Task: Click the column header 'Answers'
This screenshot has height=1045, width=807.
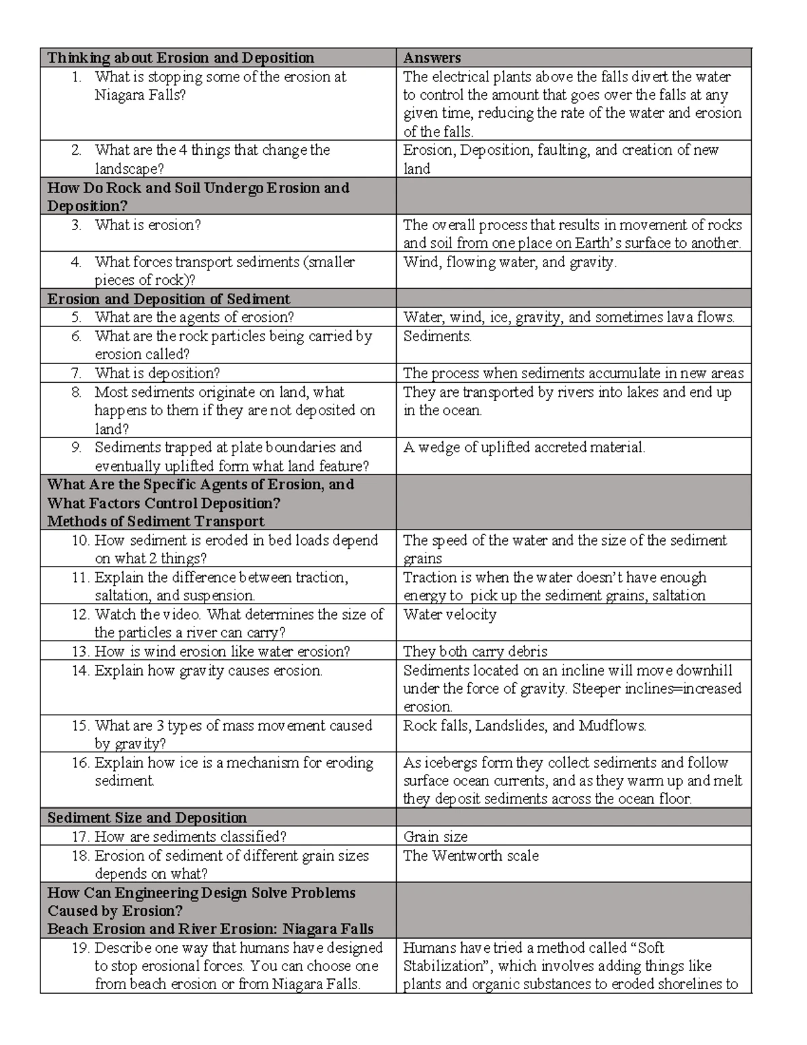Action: (x=432, y=58)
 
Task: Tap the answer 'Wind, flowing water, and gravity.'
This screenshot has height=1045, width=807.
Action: (x=509, y=262)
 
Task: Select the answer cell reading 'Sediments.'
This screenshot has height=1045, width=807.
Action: (x=437, y=336)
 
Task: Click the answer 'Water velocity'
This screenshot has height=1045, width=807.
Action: (x=449, y=614)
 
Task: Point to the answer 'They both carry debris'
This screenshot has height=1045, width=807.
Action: (x=475, y=651)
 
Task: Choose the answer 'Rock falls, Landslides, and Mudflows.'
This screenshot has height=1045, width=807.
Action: (x=525, y=725)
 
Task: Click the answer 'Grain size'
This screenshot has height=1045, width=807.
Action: (x=435, y=836)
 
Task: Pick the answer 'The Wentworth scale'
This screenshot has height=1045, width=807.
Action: (x=471, y=855)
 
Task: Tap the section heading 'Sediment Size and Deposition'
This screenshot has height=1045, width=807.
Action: (x=147, y=818)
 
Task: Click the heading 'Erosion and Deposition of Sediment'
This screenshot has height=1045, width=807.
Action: (x=169, y=299)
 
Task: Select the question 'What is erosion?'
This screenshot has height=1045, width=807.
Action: (x=148, y=225)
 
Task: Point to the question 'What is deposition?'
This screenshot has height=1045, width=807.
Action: (x=157, y=373)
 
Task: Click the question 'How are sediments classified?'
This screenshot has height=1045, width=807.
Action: (x=190, y=836)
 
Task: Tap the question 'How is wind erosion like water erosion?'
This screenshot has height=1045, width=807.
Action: (x=222, y=651)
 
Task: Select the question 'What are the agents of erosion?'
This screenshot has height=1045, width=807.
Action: (x=194, y=317)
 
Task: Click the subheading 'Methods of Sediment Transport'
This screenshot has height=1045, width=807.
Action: (x=156, y=521)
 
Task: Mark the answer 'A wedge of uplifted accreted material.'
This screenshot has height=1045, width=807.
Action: (x=524, y=447)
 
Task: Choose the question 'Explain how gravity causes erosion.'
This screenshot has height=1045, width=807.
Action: (x=208, y=670)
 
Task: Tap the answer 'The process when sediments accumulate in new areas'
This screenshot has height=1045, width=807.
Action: (x=573, y=373)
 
